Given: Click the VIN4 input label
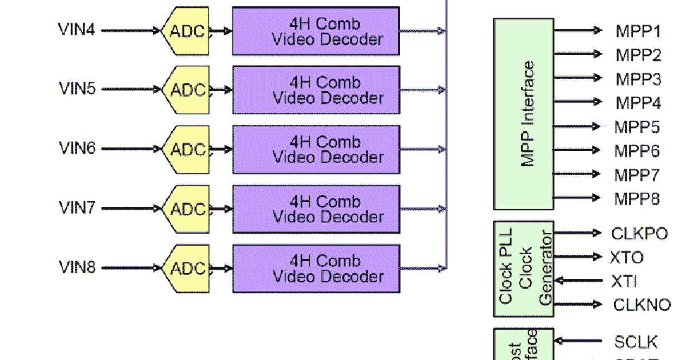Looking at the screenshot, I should pos(77,30).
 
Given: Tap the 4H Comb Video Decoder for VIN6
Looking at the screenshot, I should pos(316,150).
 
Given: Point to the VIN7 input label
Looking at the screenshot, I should pos(77,209).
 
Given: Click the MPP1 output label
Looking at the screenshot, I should pos(638,31).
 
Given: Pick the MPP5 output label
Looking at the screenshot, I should pos(637,127).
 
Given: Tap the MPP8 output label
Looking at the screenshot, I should pos(637,199).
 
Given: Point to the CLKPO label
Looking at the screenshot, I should pos(639,234).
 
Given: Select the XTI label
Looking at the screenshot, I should pos(624,282).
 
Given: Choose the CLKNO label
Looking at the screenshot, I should pos(641,305).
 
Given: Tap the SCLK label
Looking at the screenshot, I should pos(636,342).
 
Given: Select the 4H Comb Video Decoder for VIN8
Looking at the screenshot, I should pos(316,269).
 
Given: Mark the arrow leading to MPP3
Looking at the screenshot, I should pos(577,78).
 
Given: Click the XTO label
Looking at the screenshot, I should pos(627,258).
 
